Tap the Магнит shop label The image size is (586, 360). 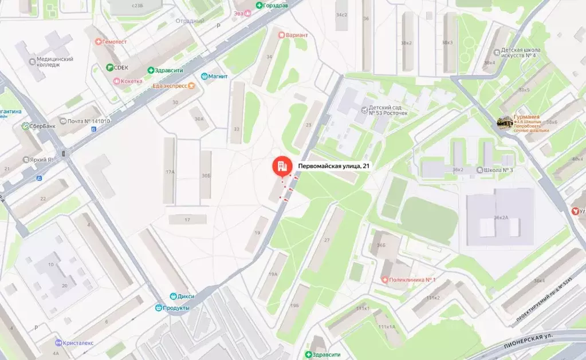click(x=218, y=77)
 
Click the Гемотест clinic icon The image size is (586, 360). click(x=99, y=42)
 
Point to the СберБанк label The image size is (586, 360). click(x=41, y=126)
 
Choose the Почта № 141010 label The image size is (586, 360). click(x=88, y=121)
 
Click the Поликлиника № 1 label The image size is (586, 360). click(x=412, y=279)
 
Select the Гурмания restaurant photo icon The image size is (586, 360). click(x=505, y=123)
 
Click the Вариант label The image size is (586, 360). click(x=296, y=35)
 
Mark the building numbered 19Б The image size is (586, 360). click(x=295, y=305)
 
